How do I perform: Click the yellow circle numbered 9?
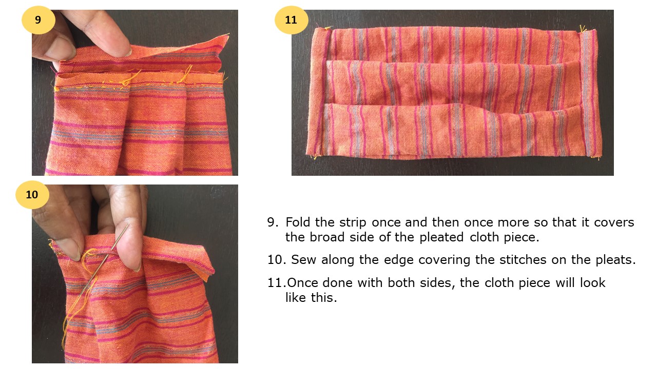click(x=38, y=20)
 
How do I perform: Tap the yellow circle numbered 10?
click(x=32, y=195)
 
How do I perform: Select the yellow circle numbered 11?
click(x=291, y=20)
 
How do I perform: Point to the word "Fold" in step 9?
click(x=298, y=222)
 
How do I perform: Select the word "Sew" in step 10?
click(x=303, y=260)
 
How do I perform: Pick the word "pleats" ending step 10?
click(x=615, y=260)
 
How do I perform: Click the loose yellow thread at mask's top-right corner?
click(x=583, y=28)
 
